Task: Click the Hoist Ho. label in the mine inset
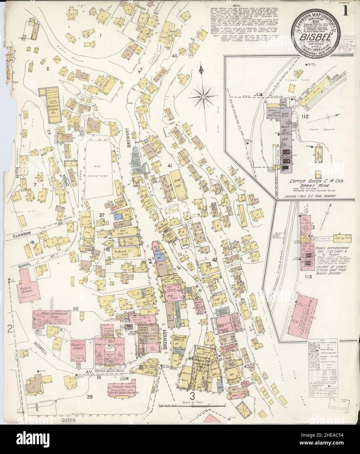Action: click(x=287, y=133)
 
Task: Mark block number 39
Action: click(x=89, y=397)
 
